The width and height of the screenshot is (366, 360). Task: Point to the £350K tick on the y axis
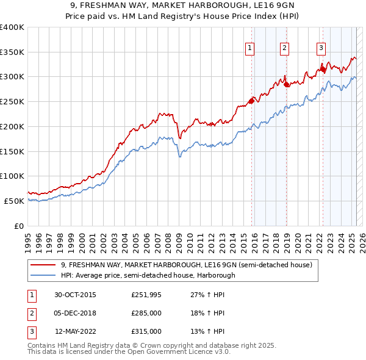[12, 52]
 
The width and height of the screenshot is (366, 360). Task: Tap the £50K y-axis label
[15, 201]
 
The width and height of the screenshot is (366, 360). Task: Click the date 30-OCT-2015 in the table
[75, 295]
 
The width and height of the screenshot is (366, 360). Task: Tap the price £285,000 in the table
[146, 313]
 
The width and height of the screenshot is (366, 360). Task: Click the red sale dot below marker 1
[251, 101]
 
